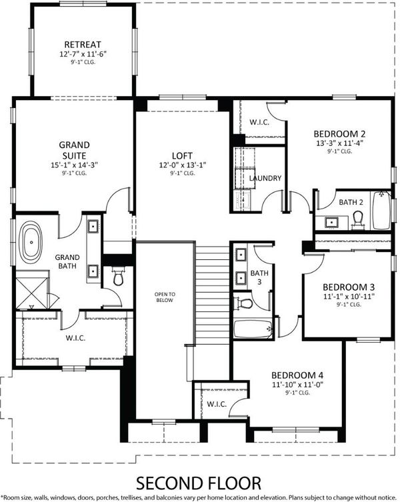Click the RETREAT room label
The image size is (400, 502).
(x=83, y=44)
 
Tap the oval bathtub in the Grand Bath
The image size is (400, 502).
(x=31, y=242)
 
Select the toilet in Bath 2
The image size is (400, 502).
(x=358, y=220)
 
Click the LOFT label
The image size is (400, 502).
(x=182, y=156)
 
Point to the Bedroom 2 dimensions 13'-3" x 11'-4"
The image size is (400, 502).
(x=340, y=143)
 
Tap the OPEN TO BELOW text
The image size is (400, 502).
(x=165, y=297)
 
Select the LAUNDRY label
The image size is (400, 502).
(x=265, y=178)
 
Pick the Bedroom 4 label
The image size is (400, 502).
(x=297, y=375)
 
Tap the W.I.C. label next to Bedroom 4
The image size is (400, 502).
(x=217, y=404)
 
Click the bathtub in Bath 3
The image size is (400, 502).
(x=253, y=329)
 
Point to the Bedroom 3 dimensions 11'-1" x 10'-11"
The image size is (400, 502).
(x=349, y=297)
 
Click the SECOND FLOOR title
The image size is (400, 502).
(x=199, y=483)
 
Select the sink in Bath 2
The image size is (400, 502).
(x=330, y=222)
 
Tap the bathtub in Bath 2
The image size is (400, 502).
(x=382, y=210)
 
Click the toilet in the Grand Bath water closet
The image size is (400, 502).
(x=118, y=277)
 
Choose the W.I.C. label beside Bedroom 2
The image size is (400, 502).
(x=259, y=122)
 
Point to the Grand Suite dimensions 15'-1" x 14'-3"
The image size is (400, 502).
(x=74, y=165)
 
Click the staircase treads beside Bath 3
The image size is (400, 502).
(x=213, y=295)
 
